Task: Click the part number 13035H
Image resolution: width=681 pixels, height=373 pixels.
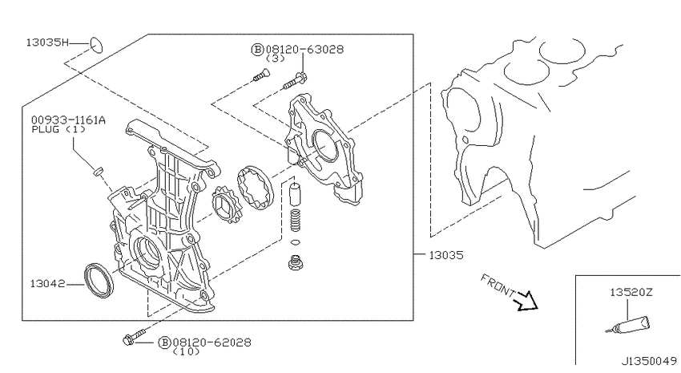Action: pyautogui.click(x=47, y=43)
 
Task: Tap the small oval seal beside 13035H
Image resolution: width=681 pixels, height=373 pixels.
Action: pyautogui.click(x=96, y=45)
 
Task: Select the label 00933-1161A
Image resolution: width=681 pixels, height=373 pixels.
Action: pyautogui.click(x=68, y=120)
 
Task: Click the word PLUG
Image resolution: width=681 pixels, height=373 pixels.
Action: pyautogui.click(x=45, y=129)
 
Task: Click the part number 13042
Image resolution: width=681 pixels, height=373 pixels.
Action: pyautogui.click(x=47, y=284)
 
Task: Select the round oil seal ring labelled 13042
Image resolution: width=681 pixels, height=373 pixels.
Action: pyautogui.click(x=99, y=280)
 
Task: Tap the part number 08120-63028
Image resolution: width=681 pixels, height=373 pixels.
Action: pyautogui.click(x=304, y=50)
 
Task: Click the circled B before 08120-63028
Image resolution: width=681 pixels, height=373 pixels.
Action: pyautogui.click(x=257, y=50)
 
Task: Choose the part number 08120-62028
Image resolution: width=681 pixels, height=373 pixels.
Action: pyautogui.click(x=212, y=343)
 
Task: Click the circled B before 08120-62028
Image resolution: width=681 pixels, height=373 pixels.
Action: pyautogui.click(x=164, y=343)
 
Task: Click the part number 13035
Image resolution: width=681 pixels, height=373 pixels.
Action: pyautogui.click(x=446, y=255)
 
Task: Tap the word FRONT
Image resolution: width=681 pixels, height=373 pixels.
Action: pyautogui.click(x=498, y=286)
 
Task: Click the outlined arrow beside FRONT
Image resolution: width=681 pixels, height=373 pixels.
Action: pyautogui.click(x=526, y=300)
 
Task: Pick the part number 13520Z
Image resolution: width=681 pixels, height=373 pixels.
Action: pyautogui.click(x=631, y=293)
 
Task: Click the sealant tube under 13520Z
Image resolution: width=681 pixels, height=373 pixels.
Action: pyautogui.click(x=628, y=326)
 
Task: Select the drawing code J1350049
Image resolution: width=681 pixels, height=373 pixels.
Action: pyautogui.click(x=649, y=361)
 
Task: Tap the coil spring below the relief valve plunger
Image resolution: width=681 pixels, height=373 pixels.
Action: pyautogui.click(x=296, y=221)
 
